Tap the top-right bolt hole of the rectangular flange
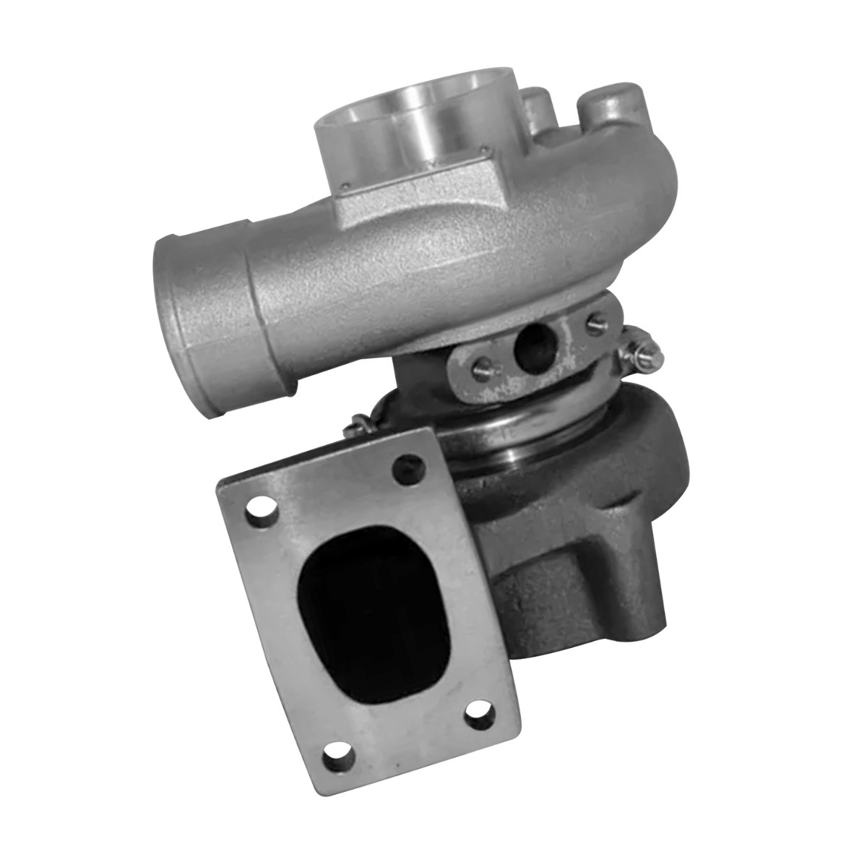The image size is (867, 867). point(407,467)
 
